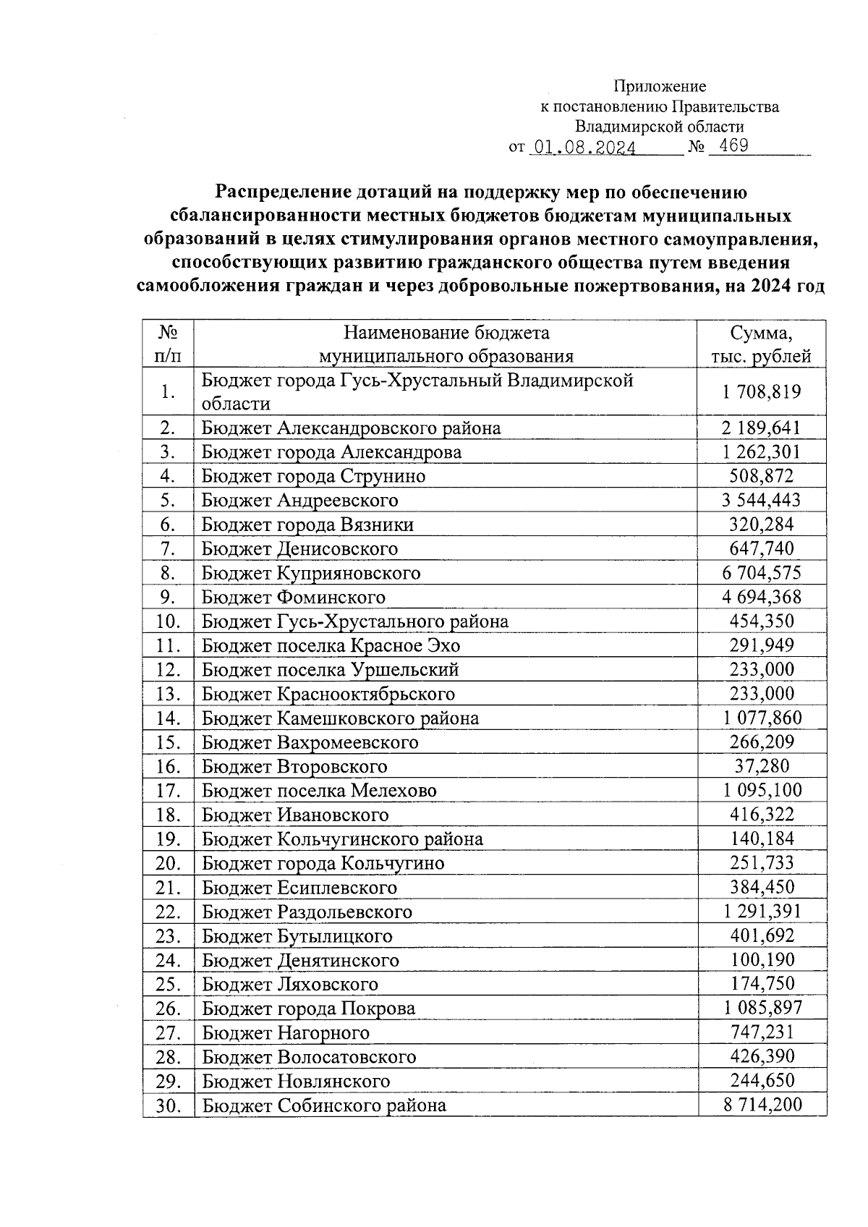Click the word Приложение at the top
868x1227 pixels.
(660, 87)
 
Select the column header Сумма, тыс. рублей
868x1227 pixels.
(761, 344)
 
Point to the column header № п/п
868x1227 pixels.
(168, 344)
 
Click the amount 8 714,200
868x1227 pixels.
(762, 1105)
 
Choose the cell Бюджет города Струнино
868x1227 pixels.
(313, 476)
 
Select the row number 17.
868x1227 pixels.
(168, 791)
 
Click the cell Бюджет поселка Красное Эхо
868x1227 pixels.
(331, 645)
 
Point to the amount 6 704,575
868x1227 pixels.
(762, 573)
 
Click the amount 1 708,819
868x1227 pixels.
(762, 392)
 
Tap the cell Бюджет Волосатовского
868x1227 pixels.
(309, 1057)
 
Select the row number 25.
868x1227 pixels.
(168, 984)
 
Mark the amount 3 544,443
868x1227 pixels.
(762, 500)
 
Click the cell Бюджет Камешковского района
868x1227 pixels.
(340, 718)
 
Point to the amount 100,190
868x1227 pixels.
(762, 960)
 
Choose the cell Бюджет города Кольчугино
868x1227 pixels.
(323, 863)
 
